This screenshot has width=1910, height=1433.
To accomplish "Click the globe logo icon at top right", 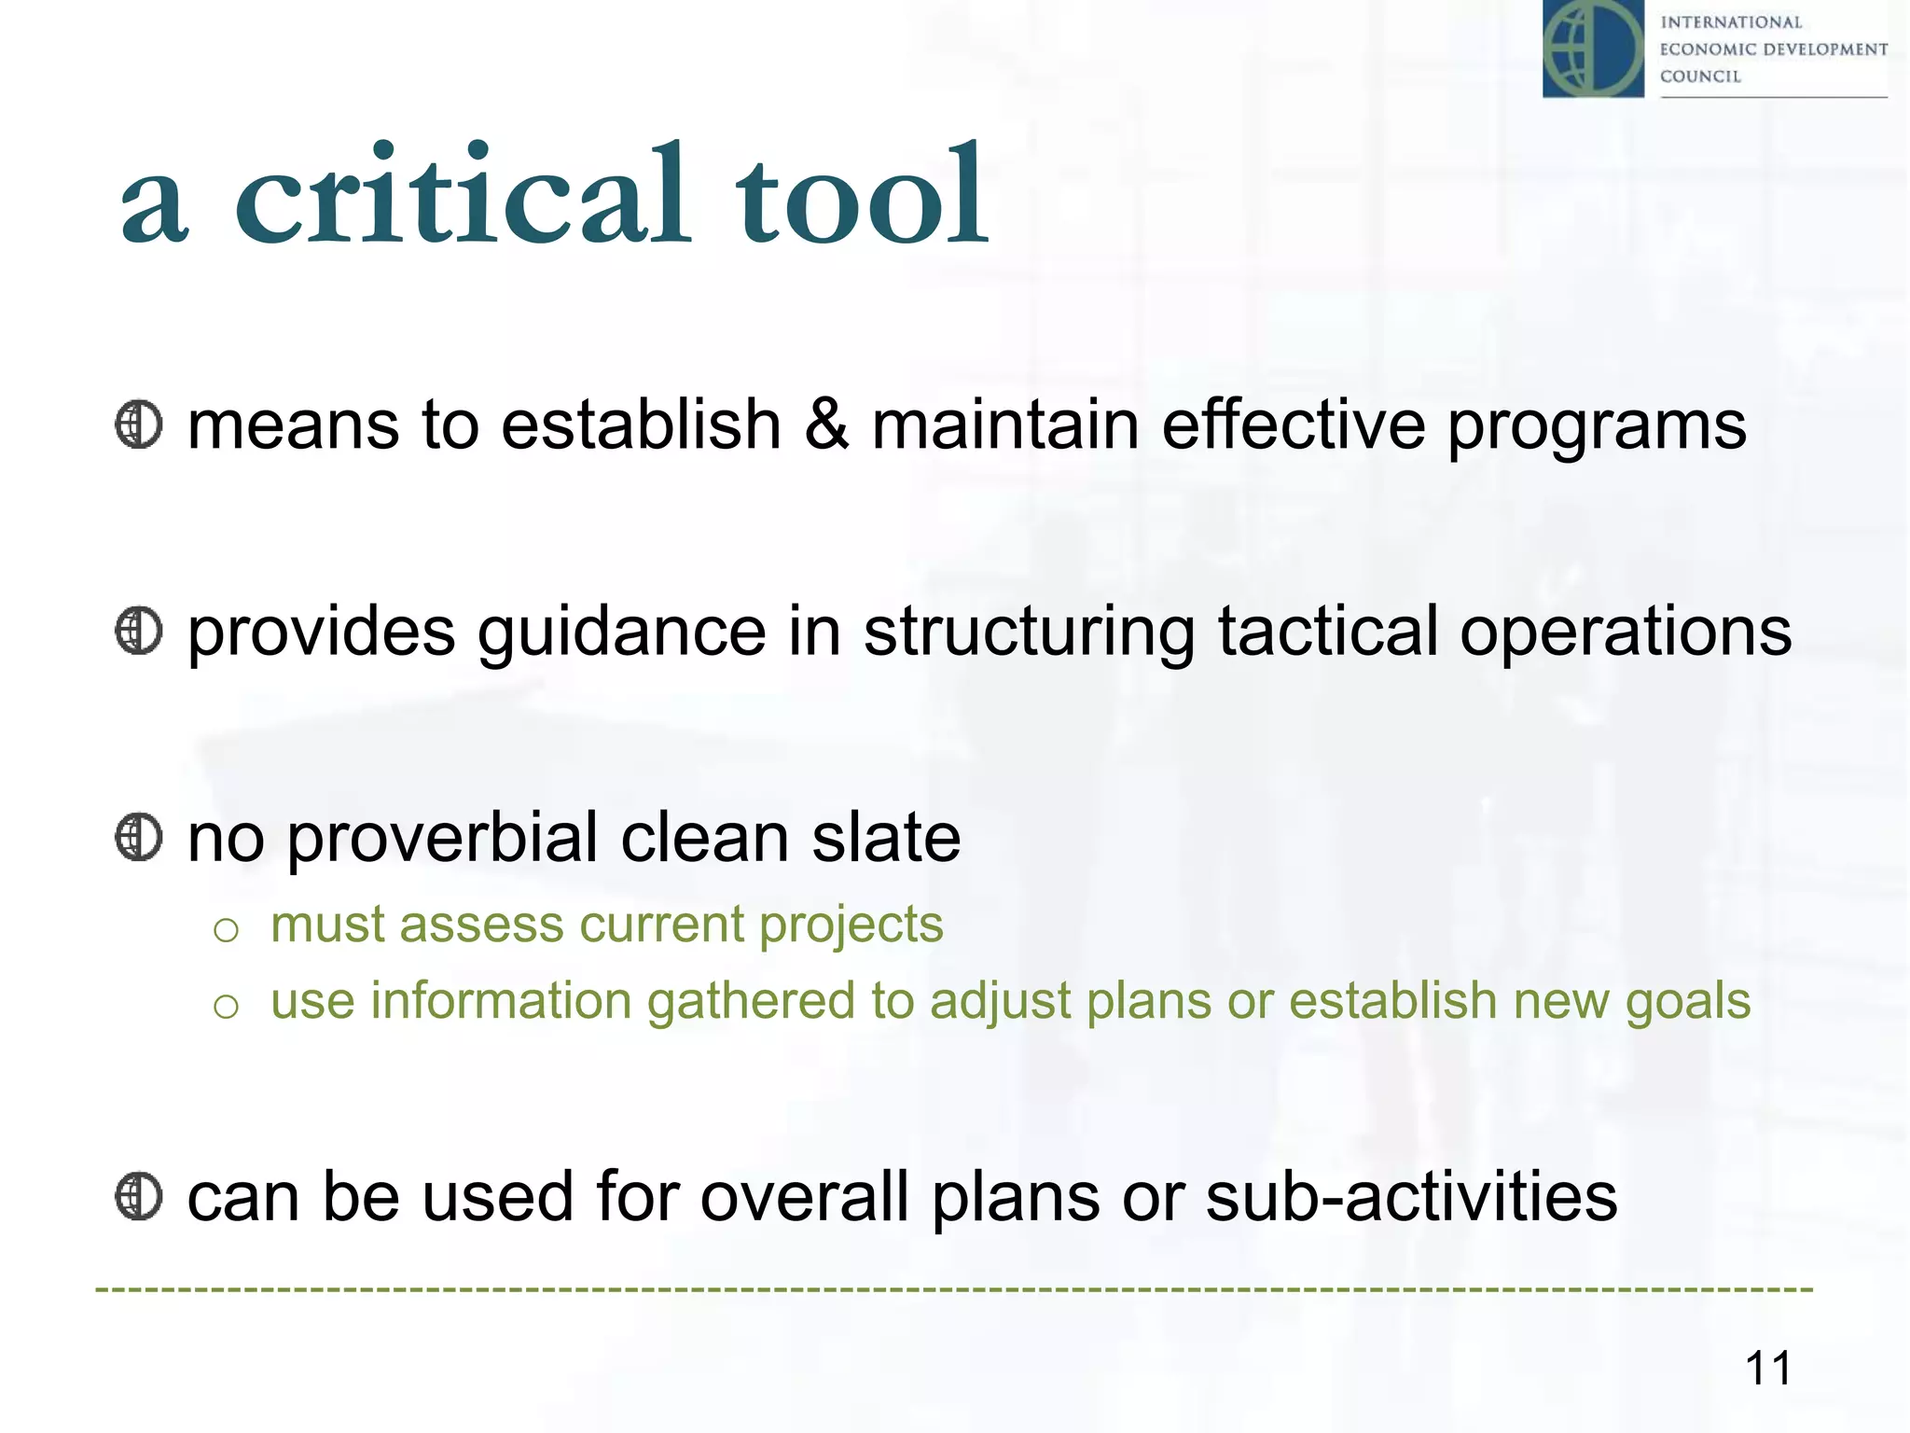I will pyautogui.click(x=1593, y=49).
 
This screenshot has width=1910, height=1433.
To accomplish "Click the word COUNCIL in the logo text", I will pyautogui.click(x=1700, y=77).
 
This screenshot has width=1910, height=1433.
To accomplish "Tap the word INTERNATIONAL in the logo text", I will pyautogui.click(x=1731, y=22).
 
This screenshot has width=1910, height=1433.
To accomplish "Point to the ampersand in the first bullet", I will pyautogui.click(x=826, y=424).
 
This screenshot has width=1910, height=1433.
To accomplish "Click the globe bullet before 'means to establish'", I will pyautogui.click(x=139, y=424).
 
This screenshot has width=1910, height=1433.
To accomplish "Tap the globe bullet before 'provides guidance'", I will pyautogui.click(x=139, y=632).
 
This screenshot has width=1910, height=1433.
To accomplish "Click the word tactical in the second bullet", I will pyautogui.click(x=1327, y=632).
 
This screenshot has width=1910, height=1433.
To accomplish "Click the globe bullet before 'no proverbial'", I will pyautogui.click(x=139, y=837).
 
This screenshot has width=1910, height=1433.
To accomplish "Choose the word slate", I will pyautogui.click(x=886, y=837).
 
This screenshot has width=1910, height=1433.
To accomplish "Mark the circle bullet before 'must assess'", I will pyautogui.click(x=227, y=930).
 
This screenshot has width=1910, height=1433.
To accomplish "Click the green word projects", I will pyautogui.click(x=851, y=926).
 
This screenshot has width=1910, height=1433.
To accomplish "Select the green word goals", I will pyautogui.click(x=1688, y=1003).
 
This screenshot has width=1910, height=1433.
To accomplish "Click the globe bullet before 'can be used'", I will pyautogui.click(x=139, y=1196).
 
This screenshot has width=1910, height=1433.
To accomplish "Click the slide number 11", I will pyautogui.click(x=1767, y=1369).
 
